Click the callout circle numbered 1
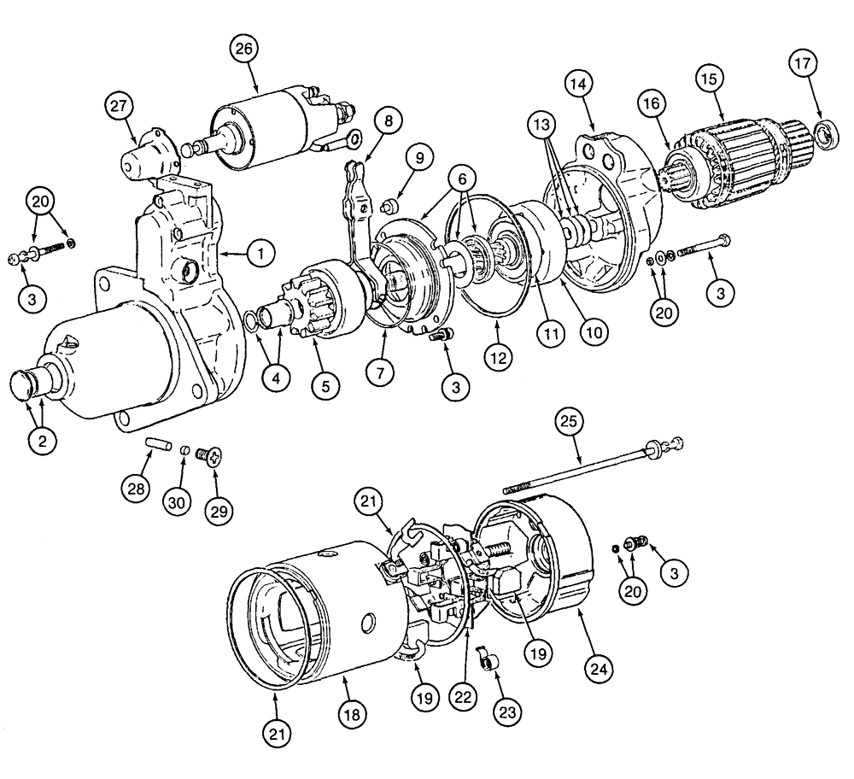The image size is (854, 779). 260,254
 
